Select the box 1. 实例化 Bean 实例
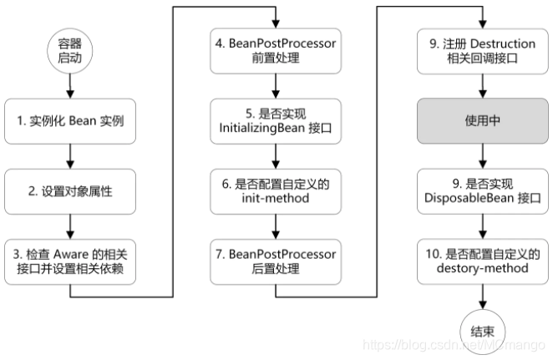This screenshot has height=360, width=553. (69, 122)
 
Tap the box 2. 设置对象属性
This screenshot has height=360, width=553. (69, 191)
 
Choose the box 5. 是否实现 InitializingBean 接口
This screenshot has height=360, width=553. (276, 122)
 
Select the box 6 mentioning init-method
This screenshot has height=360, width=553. (276, 191)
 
